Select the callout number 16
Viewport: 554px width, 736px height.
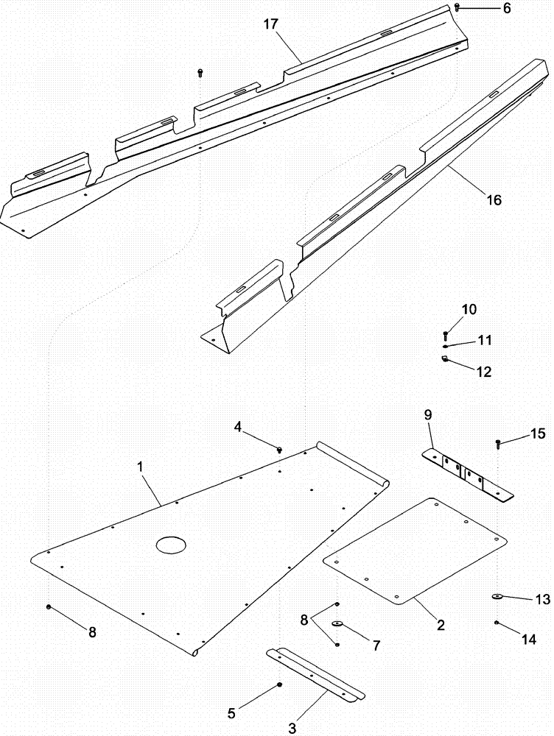pos(494,199)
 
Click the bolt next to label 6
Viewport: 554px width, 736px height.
pos(457,7)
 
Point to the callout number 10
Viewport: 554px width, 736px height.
pos(469,309)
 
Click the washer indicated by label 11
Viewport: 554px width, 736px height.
pos(446,346)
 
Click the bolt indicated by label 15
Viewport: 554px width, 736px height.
pos(499,443)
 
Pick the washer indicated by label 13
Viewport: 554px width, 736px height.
pos(497,596)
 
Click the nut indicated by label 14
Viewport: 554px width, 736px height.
pos(497,623)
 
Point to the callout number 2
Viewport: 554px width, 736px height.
pos(440,626)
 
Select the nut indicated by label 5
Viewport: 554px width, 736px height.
pos(280,685)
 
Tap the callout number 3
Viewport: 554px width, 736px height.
pos(292,729)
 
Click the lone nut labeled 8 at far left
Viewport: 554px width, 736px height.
pos(49,607)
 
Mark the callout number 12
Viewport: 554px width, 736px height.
pos(483,372)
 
